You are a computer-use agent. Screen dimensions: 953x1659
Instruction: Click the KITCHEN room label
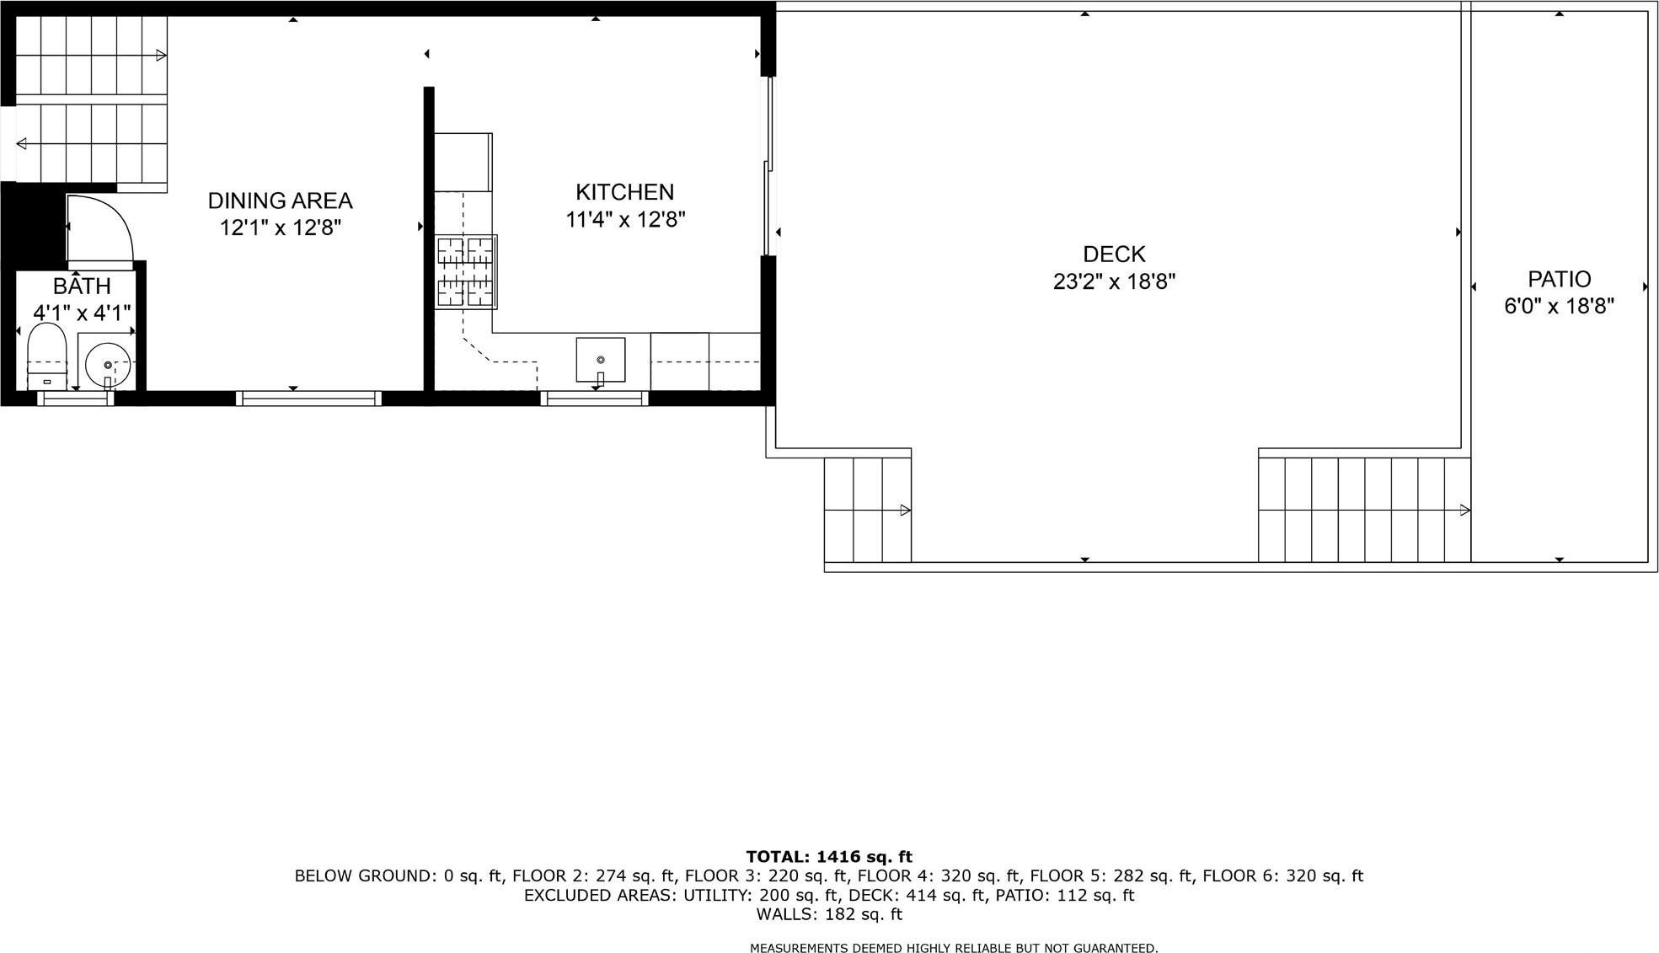pyautogui.click(x=624, y=192)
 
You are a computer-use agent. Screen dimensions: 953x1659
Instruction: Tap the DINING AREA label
pyautogui.click(x=280, y=201)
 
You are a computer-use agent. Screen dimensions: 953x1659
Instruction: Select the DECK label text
pyautogui.click(x=1114, y=254)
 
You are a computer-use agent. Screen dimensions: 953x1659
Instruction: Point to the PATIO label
pyautogui.click(x=1559, y=279)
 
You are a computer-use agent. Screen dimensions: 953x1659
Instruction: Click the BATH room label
pyautogui.click(x=82, y=286)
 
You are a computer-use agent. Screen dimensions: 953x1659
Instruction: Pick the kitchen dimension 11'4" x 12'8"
pyautogui.click(x=624, y=220)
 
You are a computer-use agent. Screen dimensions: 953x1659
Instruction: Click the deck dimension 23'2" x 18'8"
pyautogui.click(x=1114, y=281)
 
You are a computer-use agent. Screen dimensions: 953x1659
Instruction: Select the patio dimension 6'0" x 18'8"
pyautogui.click(x=1559, y=306)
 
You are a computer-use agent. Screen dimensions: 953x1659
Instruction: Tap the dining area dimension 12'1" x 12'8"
pyautogui.click(x=280, y=228)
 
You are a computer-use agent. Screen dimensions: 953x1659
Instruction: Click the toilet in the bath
pyautogui.click(x=47, y=357)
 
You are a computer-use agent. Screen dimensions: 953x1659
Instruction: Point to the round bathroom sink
pyautogui.click(x=108, y=364)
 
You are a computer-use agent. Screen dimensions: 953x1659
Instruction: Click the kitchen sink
pyautogui.click(x=600, y=360)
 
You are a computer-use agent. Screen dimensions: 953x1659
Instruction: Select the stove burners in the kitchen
pyautogui.click(x=465, y=271)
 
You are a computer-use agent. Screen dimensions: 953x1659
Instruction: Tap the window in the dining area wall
pyautogui.click(x=309, y=399)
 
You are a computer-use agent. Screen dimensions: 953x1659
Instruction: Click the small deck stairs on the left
pyautogui.click(x=867, y=510)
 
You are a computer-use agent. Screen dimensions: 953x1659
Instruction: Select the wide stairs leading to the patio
pyautogui.click(x=1364, y=510)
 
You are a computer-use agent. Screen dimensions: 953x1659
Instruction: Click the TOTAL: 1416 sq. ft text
pyautogui.click(x=829, y=857)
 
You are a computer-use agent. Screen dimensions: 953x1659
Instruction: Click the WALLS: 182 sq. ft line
pyautogui.click(x=829, y=914)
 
